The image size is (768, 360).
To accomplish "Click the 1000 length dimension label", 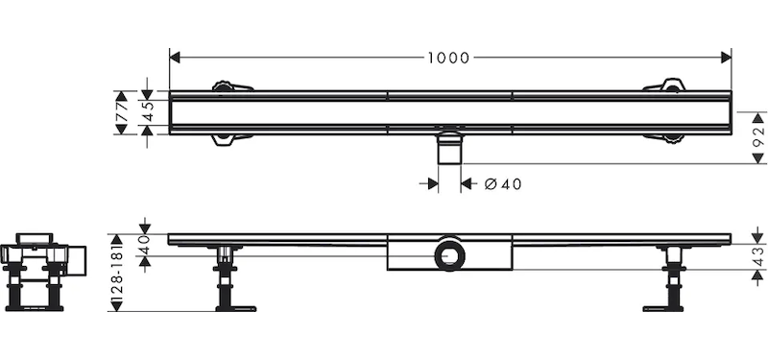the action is click(x=448, y=58).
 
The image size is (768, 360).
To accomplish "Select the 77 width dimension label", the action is click(x=122, y=112).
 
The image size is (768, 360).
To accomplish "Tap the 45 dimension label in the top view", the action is click(x=148, y=111).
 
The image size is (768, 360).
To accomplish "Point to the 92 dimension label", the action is click(x=758, y=137).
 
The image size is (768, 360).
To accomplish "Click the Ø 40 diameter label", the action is click(x=502, y=184).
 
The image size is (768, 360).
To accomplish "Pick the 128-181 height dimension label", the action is click(x=116, y=273).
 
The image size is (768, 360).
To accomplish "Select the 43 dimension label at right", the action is click(x=758, y=256).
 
